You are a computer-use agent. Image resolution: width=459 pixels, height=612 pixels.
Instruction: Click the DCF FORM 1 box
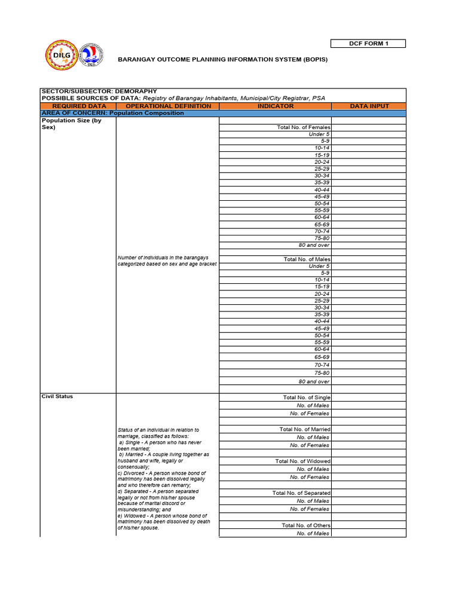pyautogui.click(x=368, y=44)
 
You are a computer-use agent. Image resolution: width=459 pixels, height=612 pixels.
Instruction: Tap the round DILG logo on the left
pyautogui.click(x=62, y=56)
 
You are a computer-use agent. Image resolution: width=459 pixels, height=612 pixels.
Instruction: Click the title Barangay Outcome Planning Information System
pyautogui.click(x=222, y=60)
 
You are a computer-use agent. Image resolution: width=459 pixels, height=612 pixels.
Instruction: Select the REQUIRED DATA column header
pyautogui.click(x=79, y=106)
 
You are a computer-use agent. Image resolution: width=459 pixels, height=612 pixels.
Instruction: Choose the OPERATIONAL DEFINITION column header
pyautogui.click(x=168, y=106)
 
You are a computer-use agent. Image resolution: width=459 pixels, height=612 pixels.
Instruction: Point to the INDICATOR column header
pyautogui.click(x=275, y=106)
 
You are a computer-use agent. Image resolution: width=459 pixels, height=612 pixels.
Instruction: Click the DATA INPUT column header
pyautogui.click(x=369, y=106)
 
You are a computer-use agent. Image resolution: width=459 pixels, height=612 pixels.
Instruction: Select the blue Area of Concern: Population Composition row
pyautogui.click(x=222, y=113)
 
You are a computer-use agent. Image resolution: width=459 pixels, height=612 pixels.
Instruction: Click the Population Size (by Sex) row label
pyautogui.click(x=71, y=124)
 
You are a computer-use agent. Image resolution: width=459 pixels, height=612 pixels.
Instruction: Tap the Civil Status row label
pyautogui.click(x=57, y=396)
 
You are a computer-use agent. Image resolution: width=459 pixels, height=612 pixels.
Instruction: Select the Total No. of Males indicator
pyautogui.click(x=306, y=259)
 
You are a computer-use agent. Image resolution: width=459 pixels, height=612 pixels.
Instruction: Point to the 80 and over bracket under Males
pyautogui.click(x=314, y=381)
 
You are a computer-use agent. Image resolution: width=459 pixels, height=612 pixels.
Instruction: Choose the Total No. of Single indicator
pyautogui.click(x=306, y=397)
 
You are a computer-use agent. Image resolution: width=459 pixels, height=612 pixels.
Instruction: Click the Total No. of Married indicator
pyautogui.click(x=304, y=429)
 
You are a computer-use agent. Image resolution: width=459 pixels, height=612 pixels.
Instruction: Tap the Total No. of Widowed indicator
pyautogui.click(x=302, y=461)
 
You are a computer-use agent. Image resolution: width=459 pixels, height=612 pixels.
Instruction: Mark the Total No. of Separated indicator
pyautogui.click(x=301, y=493)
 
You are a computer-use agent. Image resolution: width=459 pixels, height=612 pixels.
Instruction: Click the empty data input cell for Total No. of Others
pyautogui.click(x=369, y=525)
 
